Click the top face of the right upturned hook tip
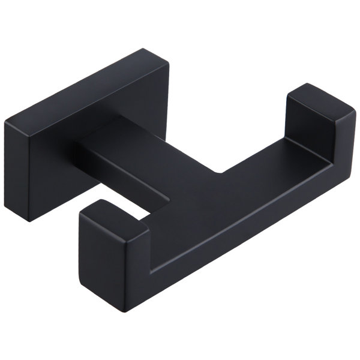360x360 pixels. click(x=315, y=102)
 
